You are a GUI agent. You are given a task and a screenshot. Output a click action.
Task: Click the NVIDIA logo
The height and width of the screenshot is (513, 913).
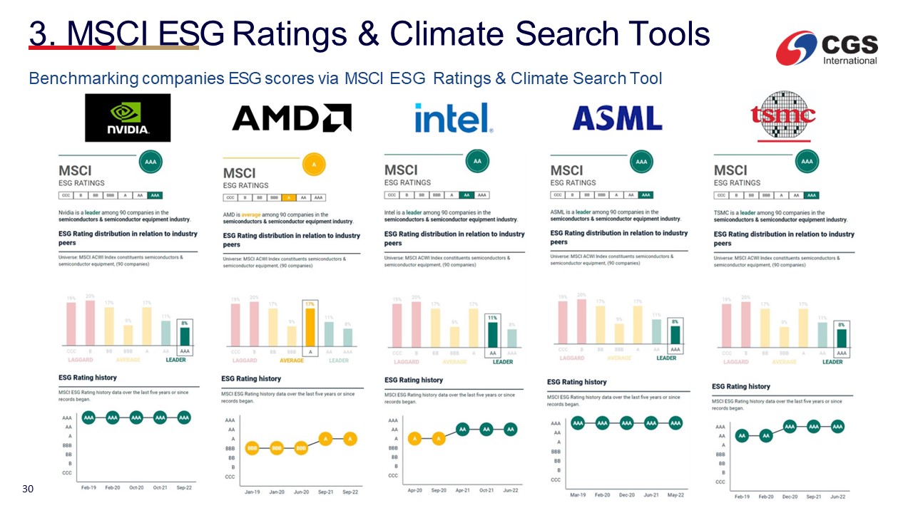(x=128, y=118)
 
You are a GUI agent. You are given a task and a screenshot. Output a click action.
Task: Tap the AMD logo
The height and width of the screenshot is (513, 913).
(x=291, y=118)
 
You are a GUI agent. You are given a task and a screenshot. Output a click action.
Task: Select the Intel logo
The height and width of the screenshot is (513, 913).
(x=454, y=118)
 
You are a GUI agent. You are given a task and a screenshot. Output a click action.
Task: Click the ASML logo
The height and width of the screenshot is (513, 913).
(x=617, y=118)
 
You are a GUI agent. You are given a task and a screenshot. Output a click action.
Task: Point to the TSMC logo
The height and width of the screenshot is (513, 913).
(x=783, y=116)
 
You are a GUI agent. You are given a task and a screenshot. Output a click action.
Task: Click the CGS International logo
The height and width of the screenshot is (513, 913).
(x=828, y=48)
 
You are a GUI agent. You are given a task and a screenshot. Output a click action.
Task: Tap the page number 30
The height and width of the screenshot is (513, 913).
(x=29, y=489)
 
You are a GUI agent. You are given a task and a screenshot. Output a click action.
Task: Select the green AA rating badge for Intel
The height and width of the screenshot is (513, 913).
(x=477, y=162)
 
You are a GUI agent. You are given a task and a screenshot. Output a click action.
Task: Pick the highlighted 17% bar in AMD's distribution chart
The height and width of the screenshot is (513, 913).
(x=310, y=326)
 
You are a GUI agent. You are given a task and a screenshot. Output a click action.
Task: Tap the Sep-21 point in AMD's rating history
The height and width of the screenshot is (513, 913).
(x=325, y=439)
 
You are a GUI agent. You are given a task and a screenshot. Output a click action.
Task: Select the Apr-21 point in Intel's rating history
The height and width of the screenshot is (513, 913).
(x=462, y=429)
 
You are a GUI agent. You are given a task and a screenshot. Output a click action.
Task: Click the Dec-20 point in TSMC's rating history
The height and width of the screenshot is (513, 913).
(x=790, y=426)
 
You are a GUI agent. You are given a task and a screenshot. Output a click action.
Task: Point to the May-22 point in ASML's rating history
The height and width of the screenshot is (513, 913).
(x=675, y=423)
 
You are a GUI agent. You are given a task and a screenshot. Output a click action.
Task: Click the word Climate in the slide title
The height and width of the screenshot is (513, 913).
(x=454, y=33)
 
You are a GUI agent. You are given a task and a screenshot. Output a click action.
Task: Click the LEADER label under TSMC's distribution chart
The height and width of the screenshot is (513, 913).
(x=832, y=362)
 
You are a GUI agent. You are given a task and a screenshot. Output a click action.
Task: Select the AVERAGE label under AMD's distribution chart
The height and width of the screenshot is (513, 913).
(x=291, y=361)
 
